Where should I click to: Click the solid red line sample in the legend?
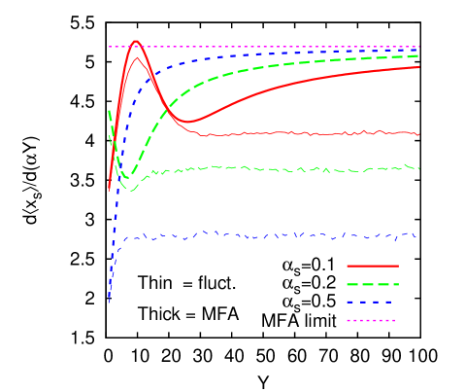point(373,265)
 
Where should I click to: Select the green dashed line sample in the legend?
point(373,284)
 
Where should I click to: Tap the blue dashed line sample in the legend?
point(373,302)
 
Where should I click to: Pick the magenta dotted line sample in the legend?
point(373,320)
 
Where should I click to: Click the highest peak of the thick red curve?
point(135,41)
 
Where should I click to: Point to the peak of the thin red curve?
point(138,58)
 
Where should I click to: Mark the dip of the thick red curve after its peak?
point(189,122)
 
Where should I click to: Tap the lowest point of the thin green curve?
point(131,191)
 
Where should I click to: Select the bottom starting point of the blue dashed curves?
point(109,303)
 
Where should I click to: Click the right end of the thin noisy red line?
point(418,133)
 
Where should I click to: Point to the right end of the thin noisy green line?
point(418,168)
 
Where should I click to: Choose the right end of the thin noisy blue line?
point(417,235)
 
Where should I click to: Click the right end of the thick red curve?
point(418,66)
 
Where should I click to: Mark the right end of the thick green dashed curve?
point(418,55)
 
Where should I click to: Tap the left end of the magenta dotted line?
point(109,47)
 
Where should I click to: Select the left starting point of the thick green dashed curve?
point(109,112)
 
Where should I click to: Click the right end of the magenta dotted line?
point(418,47)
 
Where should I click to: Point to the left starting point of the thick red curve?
point(109,189)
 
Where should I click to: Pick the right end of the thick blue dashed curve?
point(418,50)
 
